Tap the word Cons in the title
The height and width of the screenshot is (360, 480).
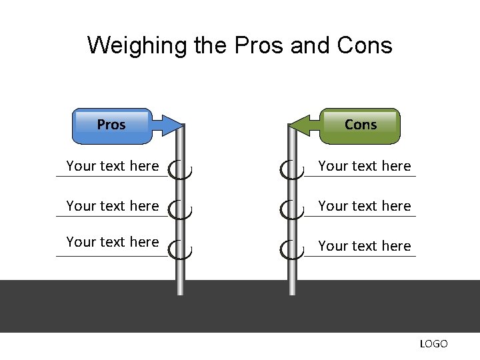365,46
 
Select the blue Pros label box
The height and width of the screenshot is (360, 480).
111,125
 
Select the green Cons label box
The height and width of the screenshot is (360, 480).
361,125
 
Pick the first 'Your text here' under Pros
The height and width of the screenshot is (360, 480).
113,166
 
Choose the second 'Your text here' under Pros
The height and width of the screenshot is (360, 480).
113,206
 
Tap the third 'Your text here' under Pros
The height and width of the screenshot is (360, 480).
113,242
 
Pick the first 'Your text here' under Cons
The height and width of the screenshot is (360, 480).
365,166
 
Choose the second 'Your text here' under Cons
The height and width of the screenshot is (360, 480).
365,206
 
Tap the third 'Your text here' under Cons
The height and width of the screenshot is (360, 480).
365,246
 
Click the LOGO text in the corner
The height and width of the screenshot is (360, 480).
433,344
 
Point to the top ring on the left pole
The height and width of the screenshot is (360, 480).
180,170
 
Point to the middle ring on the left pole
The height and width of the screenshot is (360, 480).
180,210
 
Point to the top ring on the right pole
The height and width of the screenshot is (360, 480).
291,170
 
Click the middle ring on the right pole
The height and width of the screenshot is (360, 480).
291,210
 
